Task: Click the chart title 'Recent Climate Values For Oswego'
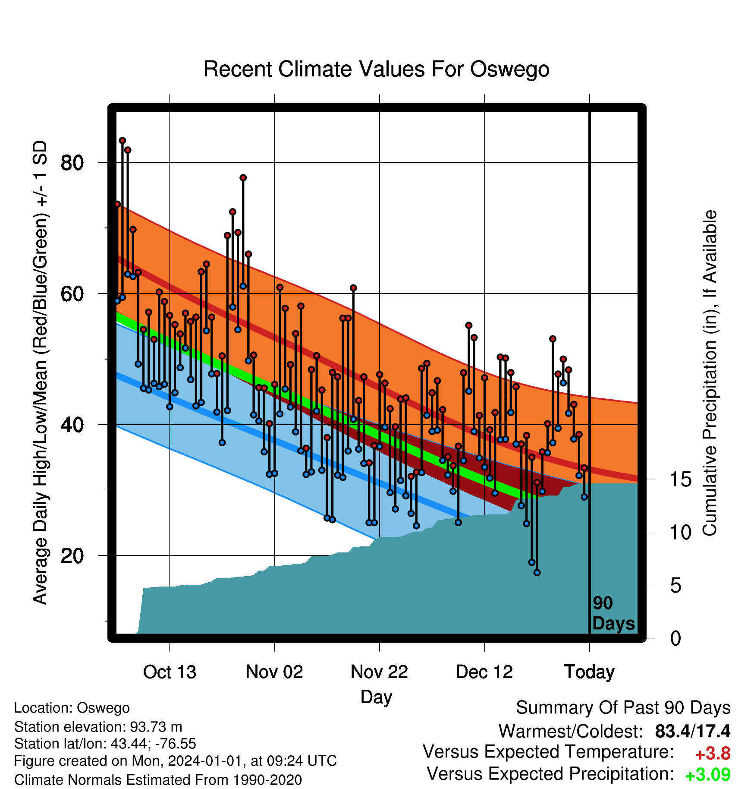tap(376, 69)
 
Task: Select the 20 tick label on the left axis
tap(72, 555)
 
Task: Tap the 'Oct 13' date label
tap(170, 672)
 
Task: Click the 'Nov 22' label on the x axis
tap(379, 672)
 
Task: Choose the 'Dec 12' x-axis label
tap(484, 672)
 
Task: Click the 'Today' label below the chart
tap(589, 672)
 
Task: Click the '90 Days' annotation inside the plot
tap(613, 613)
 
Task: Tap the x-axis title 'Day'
tap(376, 697)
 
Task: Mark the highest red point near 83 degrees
tap(123, 140)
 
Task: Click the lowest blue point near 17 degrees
tap(537, 572)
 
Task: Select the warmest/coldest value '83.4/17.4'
tap(693, 731)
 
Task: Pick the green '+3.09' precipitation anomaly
tap(708, 775)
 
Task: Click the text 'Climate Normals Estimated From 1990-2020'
tap(158, 780)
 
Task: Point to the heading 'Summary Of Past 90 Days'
tap(623, 708)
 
